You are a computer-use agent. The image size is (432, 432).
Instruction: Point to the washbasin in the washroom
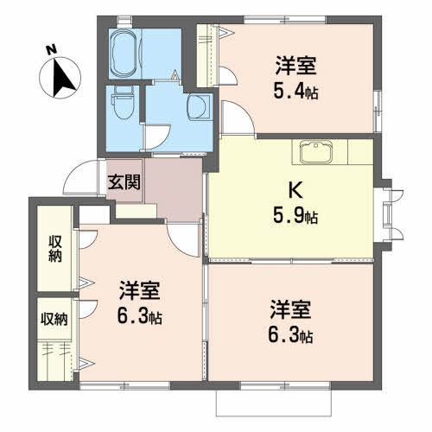coord(197,105)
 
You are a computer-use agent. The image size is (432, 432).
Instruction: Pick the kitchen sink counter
coord(321,152)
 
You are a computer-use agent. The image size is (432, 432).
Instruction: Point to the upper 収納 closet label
coord(54,248)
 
